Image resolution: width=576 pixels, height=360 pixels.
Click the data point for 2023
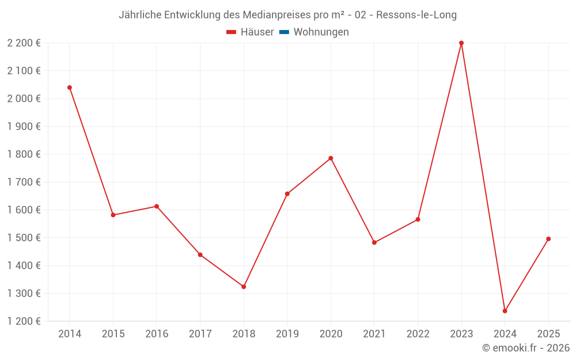click(461, 43)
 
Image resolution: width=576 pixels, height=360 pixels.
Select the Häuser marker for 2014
click(70, 88)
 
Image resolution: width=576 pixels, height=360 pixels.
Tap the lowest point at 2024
click(505, 311)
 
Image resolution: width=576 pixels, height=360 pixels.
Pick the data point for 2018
click(244, 287)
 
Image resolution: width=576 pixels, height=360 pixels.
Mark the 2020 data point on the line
click(331, 158)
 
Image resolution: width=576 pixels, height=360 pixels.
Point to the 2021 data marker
click(374, 242)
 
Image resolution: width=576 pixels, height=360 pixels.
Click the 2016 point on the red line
click(157, 206)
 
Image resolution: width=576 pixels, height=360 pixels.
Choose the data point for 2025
click(548, 239)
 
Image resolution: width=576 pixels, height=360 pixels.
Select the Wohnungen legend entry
click(321, 32)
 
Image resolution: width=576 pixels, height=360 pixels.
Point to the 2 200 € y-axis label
click(24, 43)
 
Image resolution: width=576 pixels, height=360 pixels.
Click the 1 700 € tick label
click(24, 182)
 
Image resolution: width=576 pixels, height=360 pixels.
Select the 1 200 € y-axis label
click(24, 321)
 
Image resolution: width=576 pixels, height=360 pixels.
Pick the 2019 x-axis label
click(287, 334)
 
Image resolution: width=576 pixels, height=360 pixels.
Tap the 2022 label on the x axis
click(418, 334)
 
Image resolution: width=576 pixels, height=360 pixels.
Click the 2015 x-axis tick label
click(113, 334)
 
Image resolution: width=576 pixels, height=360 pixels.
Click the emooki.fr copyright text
click(526, 348)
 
